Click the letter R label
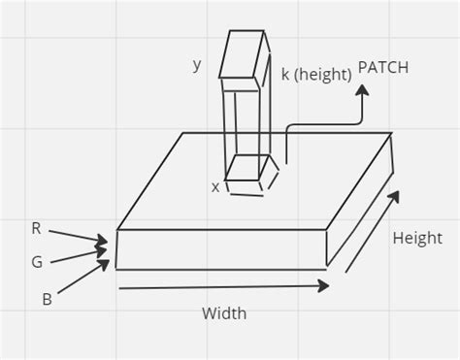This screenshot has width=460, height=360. coord(37,229)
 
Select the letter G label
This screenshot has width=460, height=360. coord(37,261)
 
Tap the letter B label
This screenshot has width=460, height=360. coord(47,299)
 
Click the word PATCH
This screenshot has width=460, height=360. coord(383,67)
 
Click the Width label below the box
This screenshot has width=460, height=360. coord(224,313)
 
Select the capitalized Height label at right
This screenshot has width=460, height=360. coord(417,238)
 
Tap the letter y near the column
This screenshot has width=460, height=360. coord(197,65)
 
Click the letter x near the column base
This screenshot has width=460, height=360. coord(215,186)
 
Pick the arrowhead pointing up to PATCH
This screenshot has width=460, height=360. coord(362,90)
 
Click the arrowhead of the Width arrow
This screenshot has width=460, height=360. coord(324,285)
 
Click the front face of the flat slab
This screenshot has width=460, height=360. coord(221,248)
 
